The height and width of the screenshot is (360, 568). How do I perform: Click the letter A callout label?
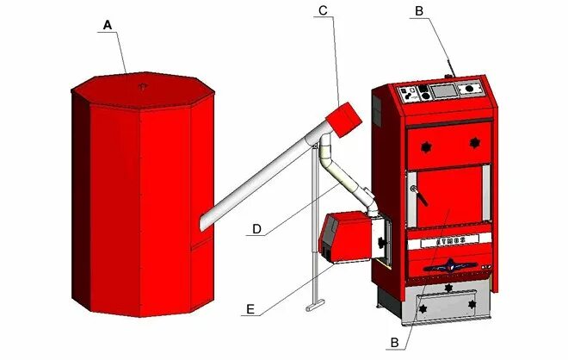coord(108,26)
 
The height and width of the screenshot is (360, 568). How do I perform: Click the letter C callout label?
coord(322,10)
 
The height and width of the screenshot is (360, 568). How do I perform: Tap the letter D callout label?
coord(256,229)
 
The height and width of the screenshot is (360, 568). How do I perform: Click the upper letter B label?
coord(419,10)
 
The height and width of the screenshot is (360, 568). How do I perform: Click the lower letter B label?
coord(395,344)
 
